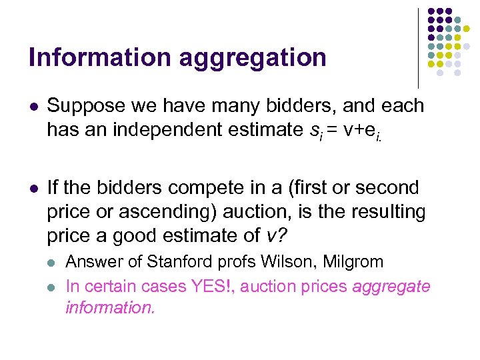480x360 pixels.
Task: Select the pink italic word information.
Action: pos(110,307)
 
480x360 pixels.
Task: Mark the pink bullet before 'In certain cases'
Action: pos(53,287)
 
